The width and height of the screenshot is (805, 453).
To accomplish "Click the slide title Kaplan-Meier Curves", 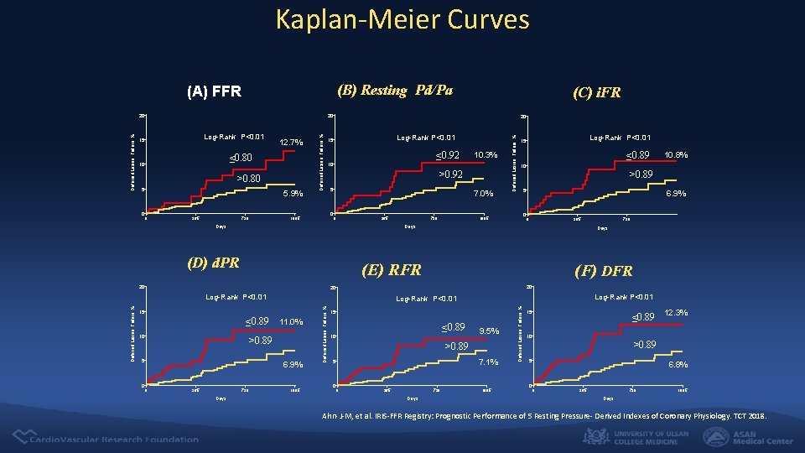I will pyautogui.click(x=402, y=18).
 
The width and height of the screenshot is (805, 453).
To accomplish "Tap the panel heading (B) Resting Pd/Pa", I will pyautogui.click(x=394, y=90).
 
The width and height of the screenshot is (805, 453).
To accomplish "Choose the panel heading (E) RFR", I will pyautogui.click(x=391, y=269).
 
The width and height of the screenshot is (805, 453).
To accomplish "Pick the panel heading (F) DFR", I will pyautogui.click(x=603, y=270).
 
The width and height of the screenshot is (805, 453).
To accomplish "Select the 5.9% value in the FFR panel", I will pyautogui.click(x=291, y=194).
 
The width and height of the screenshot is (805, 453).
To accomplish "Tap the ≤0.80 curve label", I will pyautogui.click(x=241, y=157).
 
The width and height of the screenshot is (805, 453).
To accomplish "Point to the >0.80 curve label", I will pyautogui.click(x=247, y=178).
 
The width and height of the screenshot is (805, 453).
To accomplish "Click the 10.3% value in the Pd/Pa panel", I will pyautogui.click(x=486, y=155).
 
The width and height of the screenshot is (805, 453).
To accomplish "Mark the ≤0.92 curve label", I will pyautogui.click(x=448, y=154).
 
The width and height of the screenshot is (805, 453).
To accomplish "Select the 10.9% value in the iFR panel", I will pyautogui.click(x=675, y=155).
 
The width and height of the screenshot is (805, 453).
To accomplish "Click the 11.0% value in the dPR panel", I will pyautogui.click(x=290, y=322).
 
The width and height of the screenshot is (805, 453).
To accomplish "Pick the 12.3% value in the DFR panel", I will pyautogui.click(x=676, y=312).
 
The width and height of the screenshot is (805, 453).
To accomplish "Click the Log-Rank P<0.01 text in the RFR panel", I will pyautogui.click(x=426, y=299).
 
